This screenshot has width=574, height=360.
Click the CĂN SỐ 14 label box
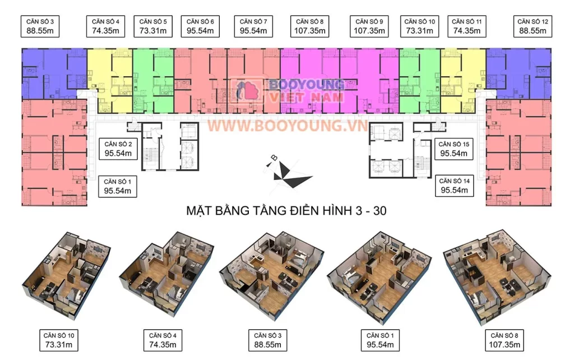click(454, 186)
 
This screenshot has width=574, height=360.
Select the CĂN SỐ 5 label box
click(153, 26)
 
